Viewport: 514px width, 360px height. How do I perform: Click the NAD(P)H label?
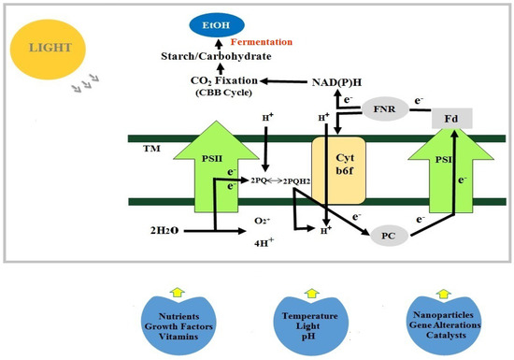point(336,82)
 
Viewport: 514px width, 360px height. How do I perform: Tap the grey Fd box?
point(450,119)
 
